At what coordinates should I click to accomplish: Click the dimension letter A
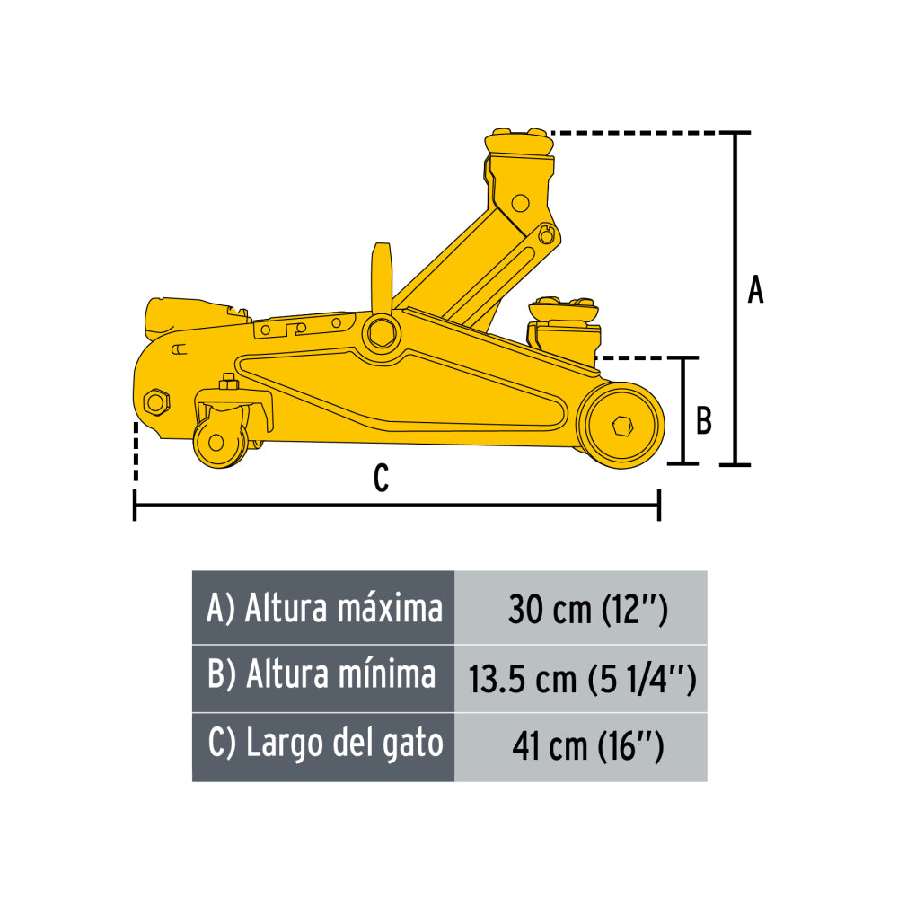point(755,291)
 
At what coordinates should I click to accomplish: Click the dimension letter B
point(704,420)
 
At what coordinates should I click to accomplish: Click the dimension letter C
point(381,479)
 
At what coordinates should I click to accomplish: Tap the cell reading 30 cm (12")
point(581,610)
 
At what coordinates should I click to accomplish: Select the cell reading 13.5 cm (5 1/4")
point(581,679)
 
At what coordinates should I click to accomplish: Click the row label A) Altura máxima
point(323,609)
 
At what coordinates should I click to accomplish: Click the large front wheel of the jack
point(621,425)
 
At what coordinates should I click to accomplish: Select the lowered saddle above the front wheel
point(563,311)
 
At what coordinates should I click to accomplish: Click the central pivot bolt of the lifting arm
point(381,330)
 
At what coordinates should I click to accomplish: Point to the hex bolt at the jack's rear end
point(154,401)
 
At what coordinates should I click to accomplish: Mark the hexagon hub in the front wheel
point(622,426)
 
